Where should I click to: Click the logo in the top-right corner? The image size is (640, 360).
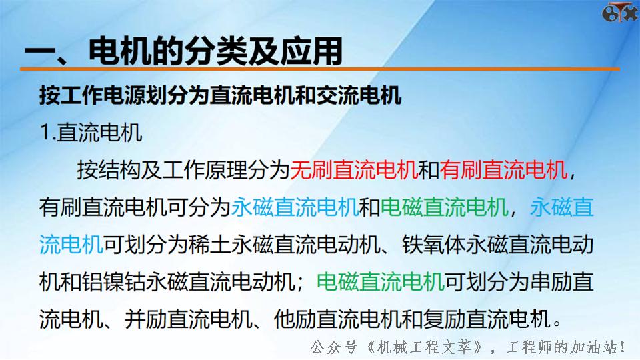[620, 13]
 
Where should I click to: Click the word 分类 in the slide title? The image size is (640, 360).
[217, 51]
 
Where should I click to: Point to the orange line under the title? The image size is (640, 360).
[320, 69]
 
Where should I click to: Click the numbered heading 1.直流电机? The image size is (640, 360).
[91, 132]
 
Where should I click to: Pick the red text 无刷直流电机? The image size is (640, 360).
[354, 171]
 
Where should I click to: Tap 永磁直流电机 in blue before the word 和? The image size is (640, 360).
[295, 208]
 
